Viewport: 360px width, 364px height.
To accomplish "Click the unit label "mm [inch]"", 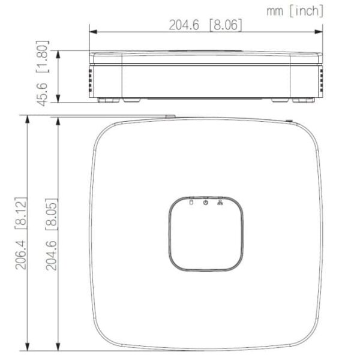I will [x=296, y=10].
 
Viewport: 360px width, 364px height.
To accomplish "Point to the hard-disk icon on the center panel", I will [x=191, y=203].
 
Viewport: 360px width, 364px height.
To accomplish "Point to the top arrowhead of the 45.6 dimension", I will [x=58, y=54].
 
